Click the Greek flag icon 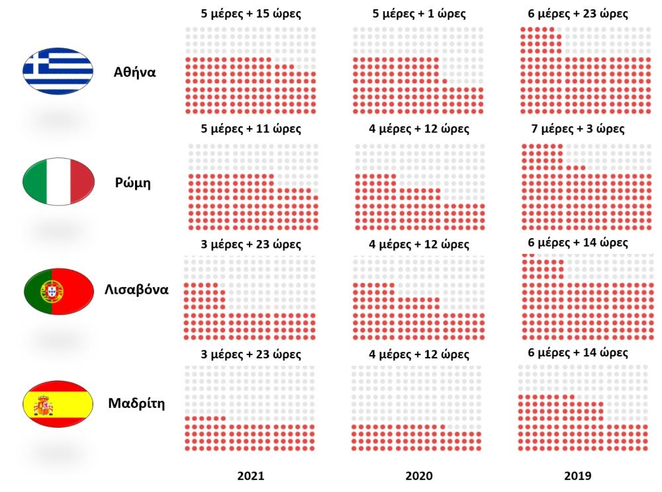[x=58, y=71]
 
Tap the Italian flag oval [x=58, y=181]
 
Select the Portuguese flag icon [x=58, y=291]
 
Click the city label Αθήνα [x=134, y=72]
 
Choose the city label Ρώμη [x=132, y=183]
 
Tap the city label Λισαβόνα [x=136, y=290]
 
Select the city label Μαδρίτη [x=136, y=403]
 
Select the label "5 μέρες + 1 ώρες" [x=419, y=14]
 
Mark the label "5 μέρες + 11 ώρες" [x=252, y=128]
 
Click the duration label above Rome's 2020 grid [x=419, y=128]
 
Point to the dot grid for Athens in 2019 [x=586, y=71]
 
